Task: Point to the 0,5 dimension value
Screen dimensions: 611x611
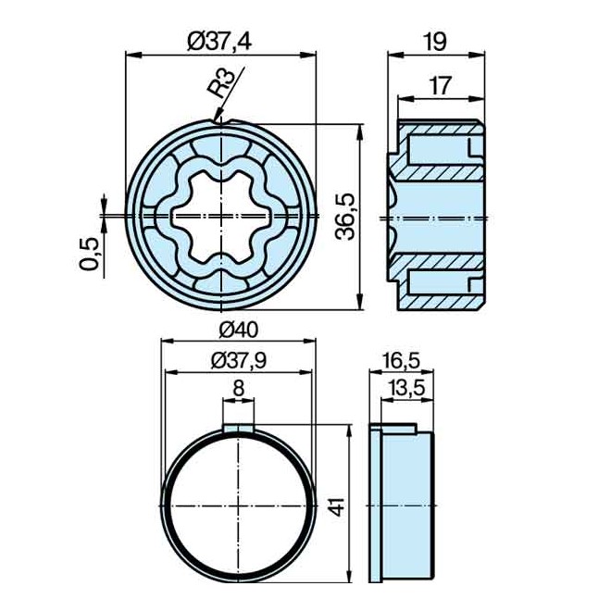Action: pyautogui.click(x=90, y=253)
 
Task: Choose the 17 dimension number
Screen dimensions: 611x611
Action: pyautogui.click(x=441, y=86)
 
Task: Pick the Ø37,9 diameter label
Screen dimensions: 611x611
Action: pyautogui.click(x=239, y=362)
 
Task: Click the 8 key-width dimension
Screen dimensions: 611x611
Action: pyautogui.click(x=239, y=389)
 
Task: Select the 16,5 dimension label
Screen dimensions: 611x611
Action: pyautogui.click(x=401, y=360)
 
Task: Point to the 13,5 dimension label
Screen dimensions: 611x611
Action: pyautogui.click(x=405, y=390)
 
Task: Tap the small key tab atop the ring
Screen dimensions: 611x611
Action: pyautogui.click(x=239, y=428)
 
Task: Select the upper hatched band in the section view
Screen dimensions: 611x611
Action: pyautogui.click(x=440, y=172)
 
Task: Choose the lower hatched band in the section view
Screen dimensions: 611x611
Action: pyautogui.click(x=440, y=263)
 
